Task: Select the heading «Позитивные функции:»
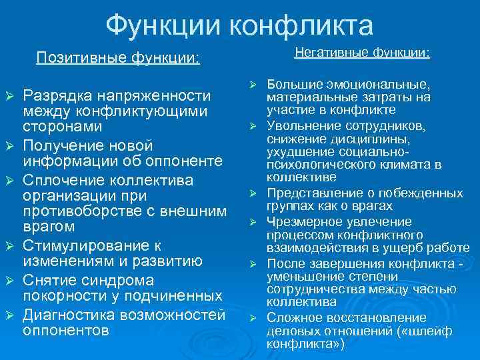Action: click(x=118, y=58)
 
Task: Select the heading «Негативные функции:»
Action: click(x=362, y=51)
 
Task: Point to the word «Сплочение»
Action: click(x=62, y=181)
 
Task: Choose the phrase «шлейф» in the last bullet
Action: click(x=451, y=331)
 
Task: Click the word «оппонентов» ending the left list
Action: click(x=66, y=330)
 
